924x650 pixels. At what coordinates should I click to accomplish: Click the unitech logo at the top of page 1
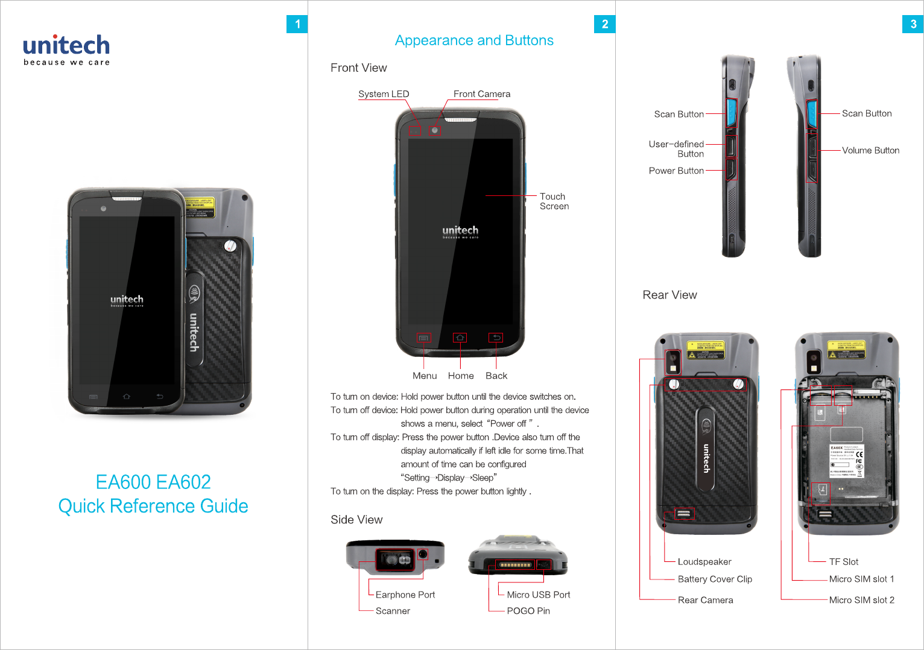(x=66, y=49)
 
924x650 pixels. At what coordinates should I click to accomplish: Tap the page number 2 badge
(x=604, y=24)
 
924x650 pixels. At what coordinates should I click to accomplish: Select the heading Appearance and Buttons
(x=474, y=40)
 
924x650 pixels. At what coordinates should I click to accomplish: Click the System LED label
(x=384, y=94)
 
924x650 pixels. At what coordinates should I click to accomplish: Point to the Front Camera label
(x=482, y=94)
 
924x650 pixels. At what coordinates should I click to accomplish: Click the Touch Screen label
(x=554, y=201)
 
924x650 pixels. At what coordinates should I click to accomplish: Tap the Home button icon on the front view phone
(x=460, y=338)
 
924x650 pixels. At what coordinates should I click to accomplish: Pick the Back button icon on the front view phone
(x=496, y=338)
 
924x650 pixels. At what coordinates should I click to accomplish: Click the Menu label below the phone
(x=425, y=376)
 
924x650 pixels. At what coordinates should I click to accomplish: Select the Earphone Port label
(x=405, y=595)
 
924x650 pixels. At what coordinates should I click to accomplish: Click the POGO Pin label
(x=528, y=611)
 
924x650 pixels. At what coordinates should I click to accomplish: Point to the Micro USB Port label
(x=538, y=595)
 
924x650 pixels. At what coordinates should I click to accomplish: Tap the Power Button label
(x=676, y=171)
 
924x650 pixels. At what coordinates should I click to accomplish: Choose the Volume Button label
(x=870, y=150)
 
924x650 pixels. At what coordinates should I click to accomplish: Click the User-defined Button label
(x=677, y=149)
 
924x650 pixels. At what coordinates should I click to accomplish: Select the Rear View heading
(x=669, y=295)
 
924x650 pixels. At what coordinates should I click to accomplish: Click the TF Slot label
(x=843, y=562)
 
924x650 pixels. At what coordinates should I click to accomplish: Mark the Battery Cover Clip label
(x=715, y=579)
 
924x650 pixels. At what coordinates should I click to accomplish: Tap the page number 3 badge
(x=913, y=24)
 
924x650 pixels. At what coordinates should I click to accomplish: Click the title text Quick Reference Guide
(x=153, y=506)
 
